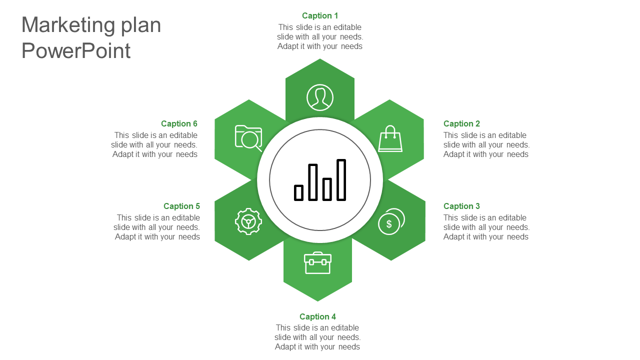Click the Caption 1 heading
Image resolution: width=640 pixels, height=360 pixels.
pyautogui.click(x=319, y=15)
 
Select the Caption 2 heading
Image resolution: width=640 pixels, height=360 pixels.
pyautogui.click(x=461, y=123)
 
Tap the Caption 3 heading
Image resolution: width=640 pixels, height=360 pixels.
pyautogui.click(x=461, y=206)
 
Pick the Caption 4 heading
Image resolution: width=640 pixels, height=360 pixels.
pyautogui.click(x=317, y=316)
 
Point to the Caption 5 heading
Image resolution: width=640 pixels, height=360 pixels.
pyautogui.click(x=181, y=206)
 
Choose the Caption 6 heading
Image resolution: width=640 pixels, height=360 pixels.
pyautogui.click(x=179, y=123)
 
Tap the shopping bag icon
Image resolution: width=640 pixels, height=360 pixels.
pyautogui.click(x=390, y=138)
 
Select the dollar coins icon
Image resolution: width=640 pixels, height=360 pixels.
pyautogui.click(x=391, y=221)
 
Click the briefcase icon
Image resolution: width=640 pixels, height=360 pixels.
pyautogui.click(x=317, y=263)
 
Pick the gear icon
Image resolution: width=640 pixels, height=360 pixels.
pyautogui.click(x=248, y=221)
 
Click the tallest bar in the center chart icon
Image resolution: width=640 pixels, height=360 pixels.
pyautogui.click(x=341, y=180)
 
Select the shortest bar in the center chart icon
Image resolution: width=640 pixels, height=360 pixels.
pyautogui.click(x=298, y=193)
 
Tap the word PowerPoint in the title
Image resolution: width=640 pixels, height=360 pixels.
pyautogui.click(x=76, y=51)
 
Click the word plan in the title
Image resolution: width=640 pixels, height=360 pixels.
pyautogui.click(x=141, y=25)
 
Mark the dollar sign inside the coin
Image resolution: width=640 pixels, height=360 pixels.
pyautogui.click(x=389, y=224)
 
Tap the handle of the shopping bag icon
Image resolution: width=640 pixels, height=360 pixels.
pyautogui.click(x=390, y=131)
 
